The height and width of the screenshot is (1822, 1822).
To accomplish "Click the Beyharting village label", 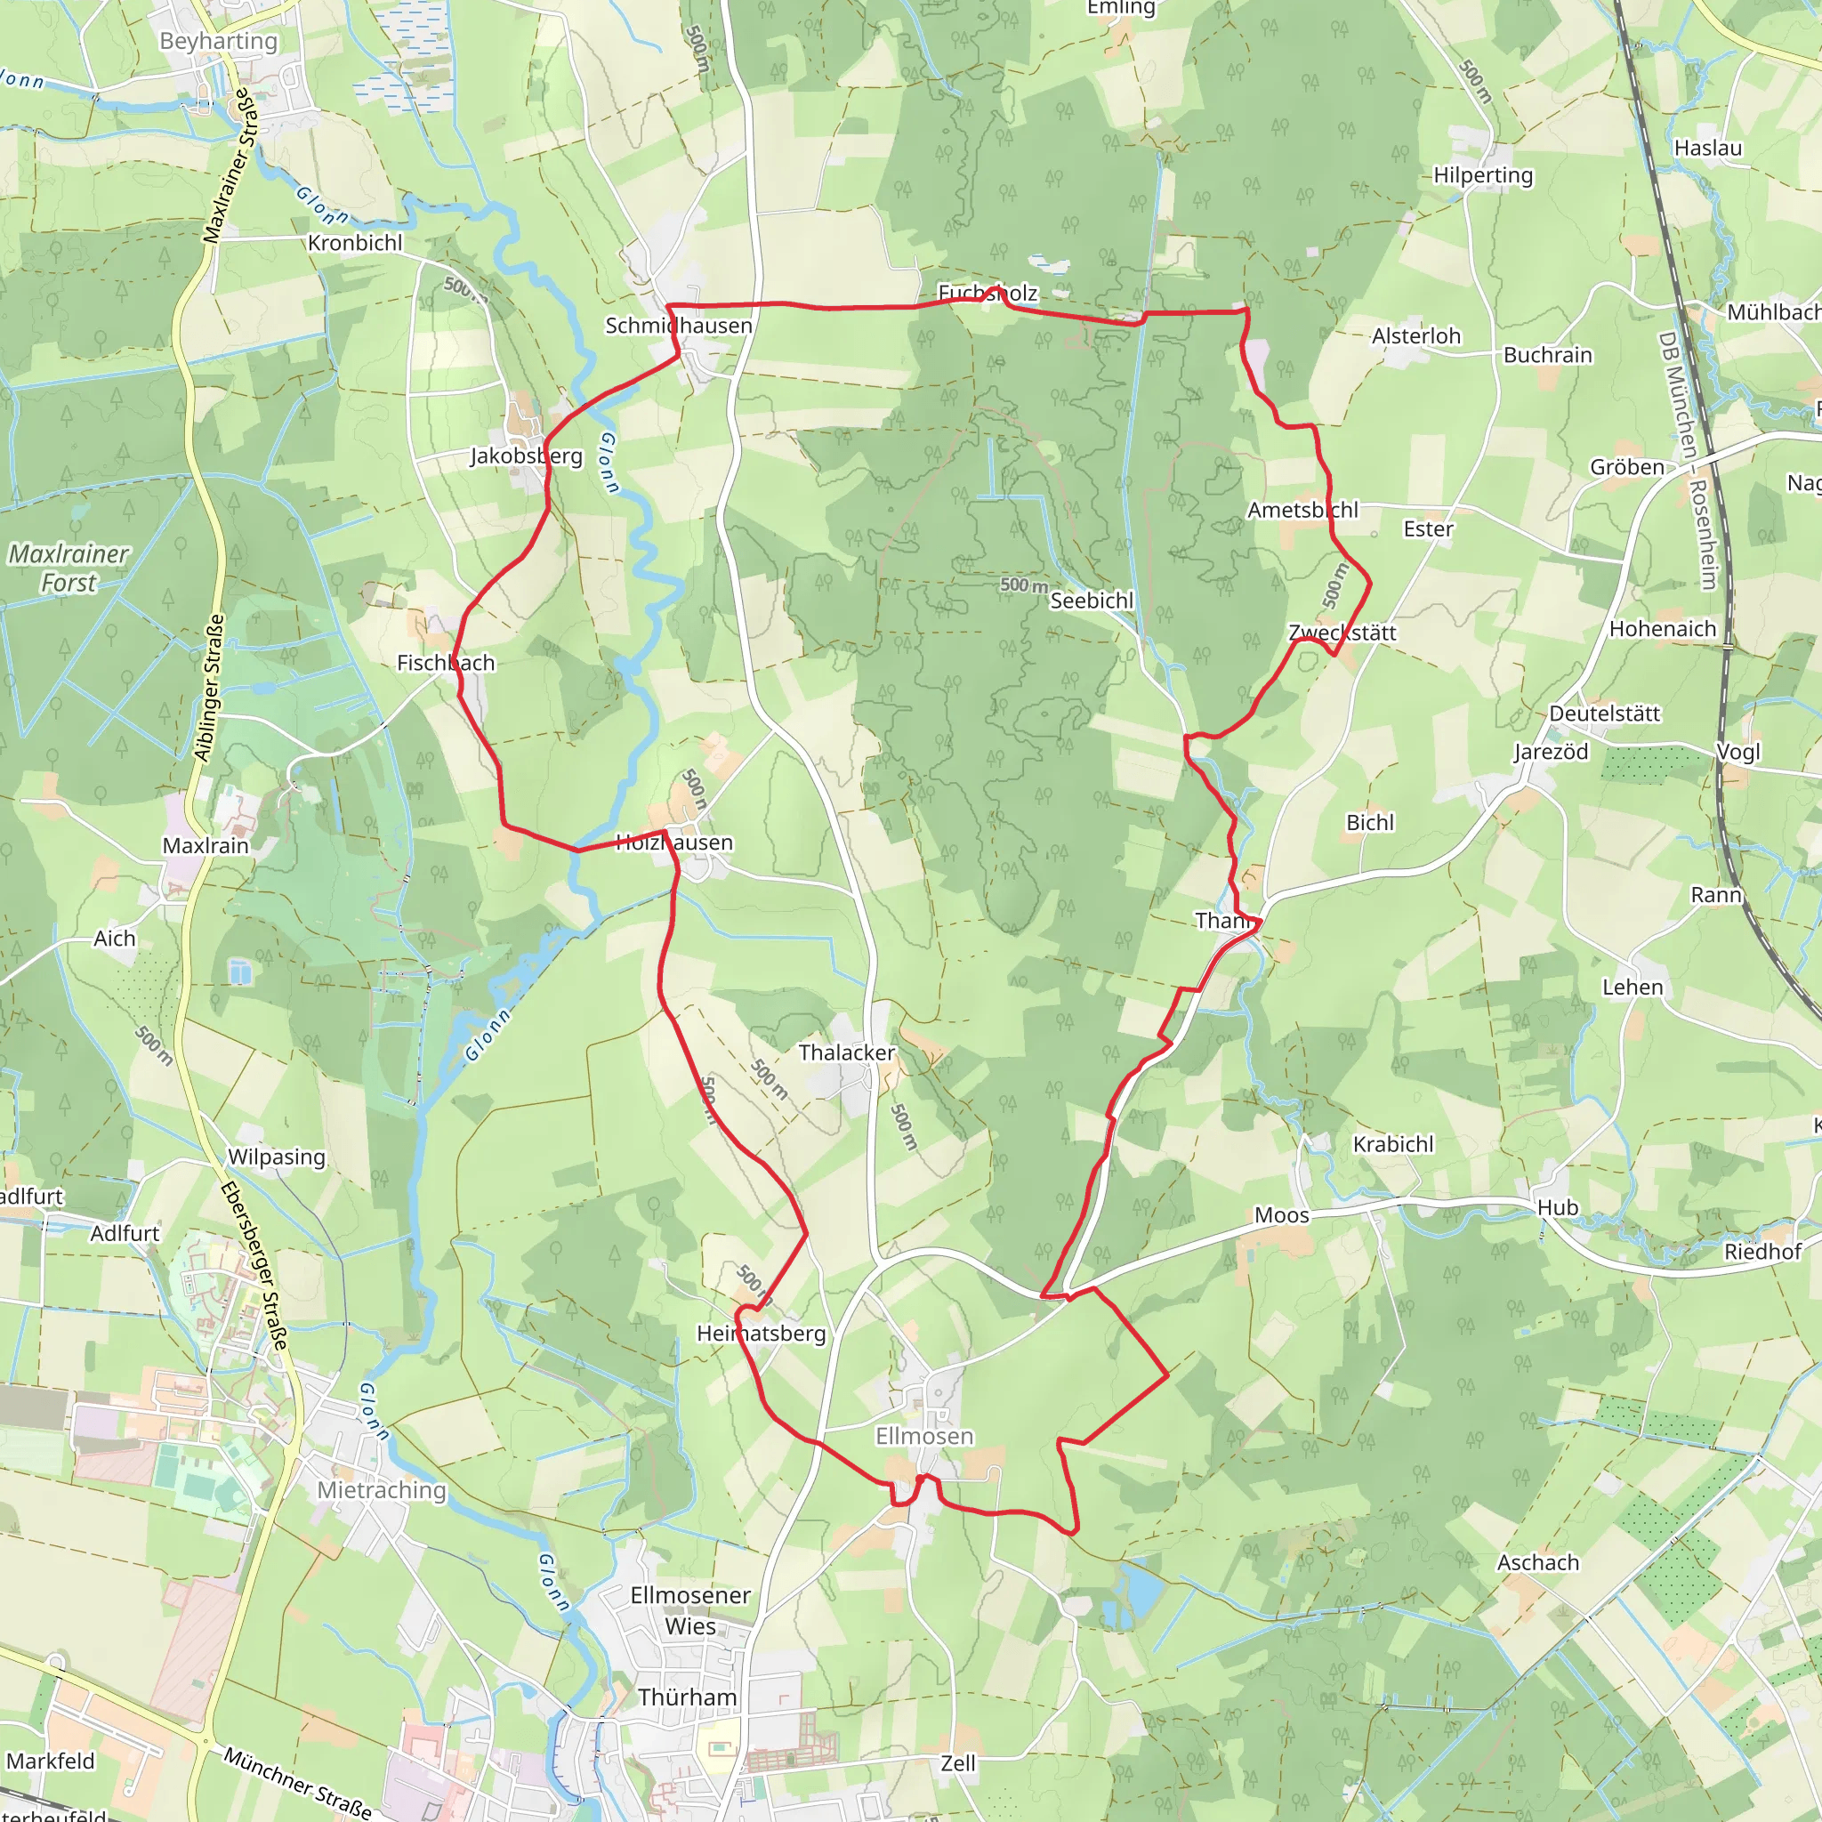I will point(219,42).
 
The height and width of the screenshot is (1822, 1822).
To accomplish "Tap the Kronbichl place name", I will point(355,243).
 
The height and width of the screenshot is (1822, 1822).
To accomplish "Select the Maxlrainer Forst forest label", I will point(68,568).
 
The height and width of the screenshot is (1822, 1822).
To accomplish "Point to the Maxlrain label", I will point(206,846).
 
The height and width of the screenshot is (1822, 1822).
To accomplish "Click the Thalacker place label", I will point(847,1052).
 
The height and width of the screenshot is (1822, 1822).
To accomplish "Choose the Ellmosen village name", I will point(924,1436).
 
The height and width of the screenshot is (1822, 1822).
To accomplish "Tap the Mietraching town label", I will point(381,1490).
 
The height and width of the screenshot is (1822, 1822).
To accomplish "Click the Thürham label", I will point(688,1697).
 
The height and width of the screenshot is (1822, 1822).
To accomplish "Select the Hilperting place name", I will point(1483,175).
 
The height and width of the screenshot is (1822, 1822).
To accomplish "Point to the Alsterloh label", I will point(1416,336).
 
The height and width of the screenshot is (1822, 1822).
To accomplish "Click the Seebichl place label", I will point(1092,601).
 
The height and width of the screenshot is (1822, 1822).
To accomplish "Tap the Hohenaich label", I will point(1663,629).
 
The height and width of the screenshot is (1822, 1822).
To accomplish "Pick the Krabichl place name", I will point(1393,1145).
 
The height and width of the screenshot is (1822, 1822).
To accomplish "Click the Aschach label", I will point(1538,1562).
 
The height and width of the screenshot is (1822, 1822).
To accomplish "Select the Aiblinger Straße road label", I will point(209,688).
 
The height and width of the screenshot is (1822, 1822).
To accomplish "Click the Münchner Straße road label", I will point(298,1782).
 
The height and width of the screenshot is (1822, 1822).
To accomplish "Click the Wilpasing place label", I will point(277,1157).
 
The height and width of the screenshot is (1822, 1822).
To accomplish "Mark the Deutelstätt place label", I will point(1605,713).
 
